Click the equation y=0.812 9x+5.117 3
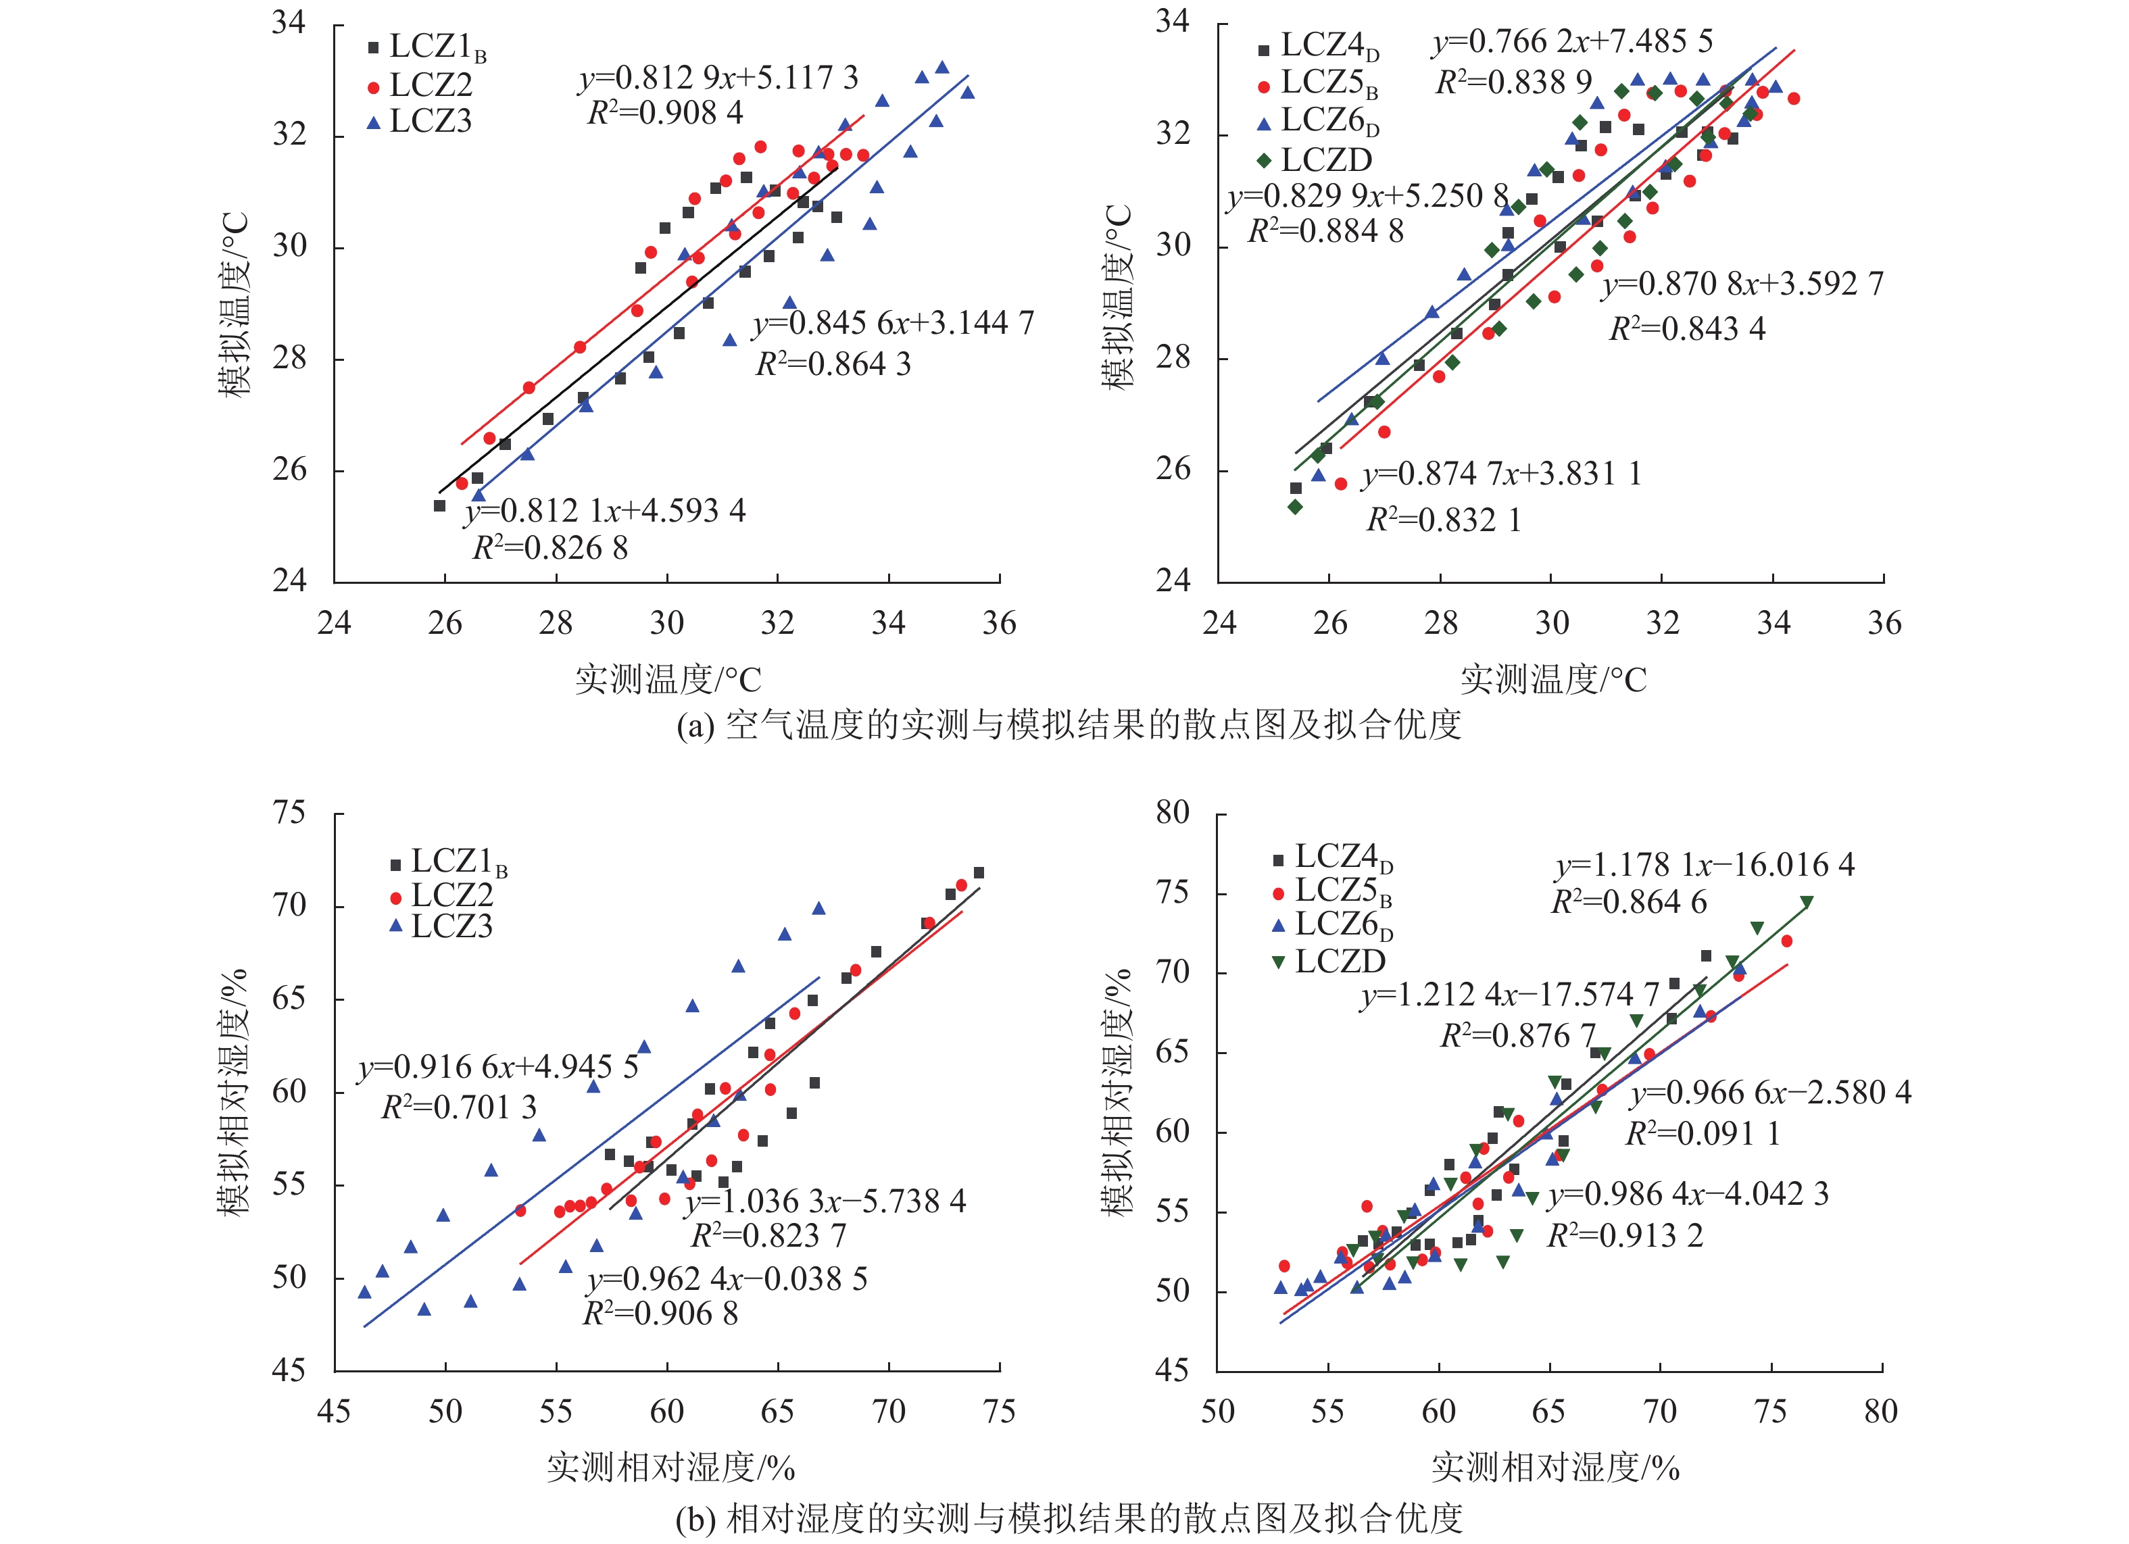click(718, 78)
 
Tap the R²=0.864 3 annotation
click(833, 364)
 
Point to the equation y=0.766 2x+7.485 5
click(1572, 43)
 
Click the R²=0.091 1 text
click(1702, 1134)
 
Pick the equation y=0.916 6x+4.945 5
click(497, 1067)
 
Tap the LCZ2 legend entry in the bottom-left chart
click(441, 895)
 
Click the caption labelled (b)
click(1069, 1518)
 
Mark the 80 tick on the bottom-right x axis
click(1880, 1412)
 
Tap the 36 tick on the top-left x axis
click(999, 623)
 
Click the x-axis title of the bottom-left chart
click(670, 1466)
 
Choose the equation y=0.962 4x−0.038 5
click(727, 1279)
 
